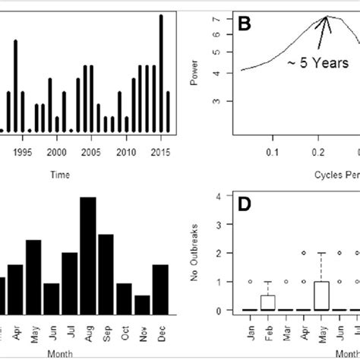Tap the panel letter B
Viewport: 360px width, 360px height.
(245, 25)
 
